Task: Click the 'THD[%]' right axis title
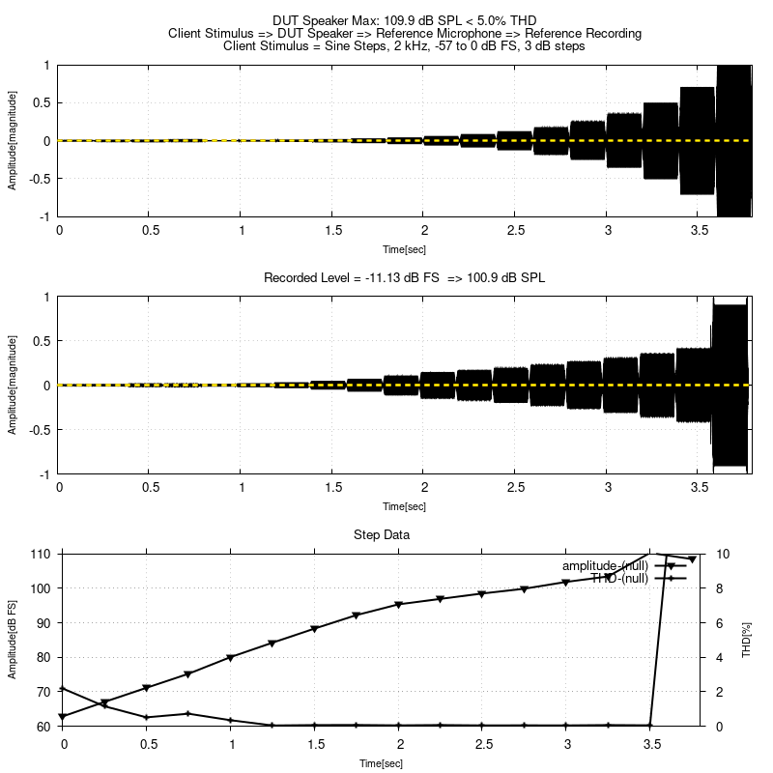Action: coord(746,640)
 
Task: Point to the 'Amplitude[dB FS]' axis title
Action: coord(13,640)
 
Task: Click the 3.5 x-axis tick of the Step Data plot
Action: coord(652,744)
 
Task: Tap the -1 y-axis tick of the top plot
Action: coord(46,216)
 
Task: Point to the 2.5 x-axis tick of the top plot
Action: coord(515,231)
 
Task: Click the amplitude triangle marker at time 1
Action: coord(231,658)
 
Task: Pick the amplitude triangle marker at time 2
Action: coord(399,605)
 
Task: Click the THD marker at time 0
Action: coord(63,688)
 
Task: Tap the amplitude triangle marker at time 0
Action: coord(63,717)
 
